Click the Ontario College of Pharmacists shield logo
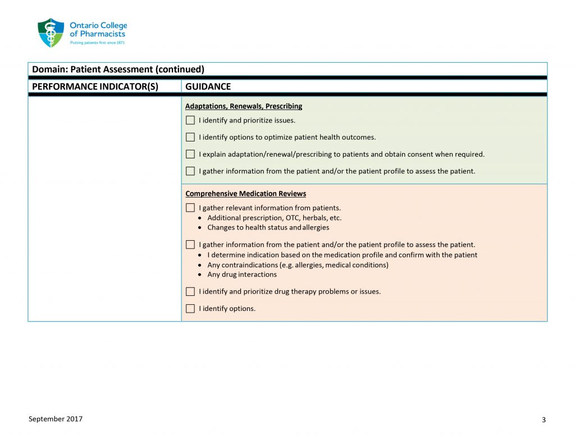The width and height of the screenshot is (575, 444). (51, 33)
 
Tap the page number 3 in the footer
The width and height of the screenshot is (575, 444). (544, 420)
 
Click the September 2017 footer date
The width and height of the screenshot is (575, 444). (56, 419)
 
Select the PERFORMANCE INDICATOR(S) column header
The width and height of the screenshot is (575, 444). (95, 86)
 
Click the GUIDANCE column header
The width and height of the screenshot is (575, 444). (208, 86)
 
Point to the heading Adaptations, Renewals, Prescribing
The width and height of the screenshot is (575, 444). (244, 106)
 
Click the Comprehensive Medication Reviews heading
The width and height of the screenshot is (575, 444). (245, 194)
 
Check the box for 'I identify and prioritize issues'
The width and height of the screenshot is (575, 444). (190, 120)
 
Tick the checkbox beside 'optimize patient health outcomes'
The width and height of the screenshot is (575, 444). (190, 137)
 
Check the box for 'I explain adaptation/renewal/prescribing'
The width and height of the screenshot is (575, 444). (190, 154)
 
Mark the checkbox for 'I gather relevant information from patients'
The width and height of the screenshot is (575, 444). (190, 208)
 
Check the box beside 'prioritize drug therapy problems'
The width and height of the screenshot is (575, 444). (190, 291)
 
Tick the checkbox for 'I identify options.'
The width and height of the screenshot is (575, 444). (190, 308)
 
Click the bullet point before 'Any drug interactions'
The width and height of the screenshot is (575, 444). (201, 275)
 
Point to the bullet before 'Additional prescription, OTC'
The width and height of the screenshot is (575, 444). (201, 218)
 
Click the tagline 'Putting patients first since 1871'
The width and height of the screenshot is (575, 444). (97, 42)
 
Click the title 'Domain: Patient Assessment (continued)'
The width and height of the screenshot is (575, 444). (118, 70)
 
